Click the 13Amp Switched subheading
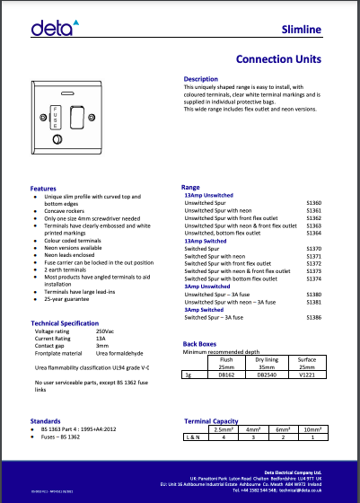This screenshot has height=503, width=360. (205, 242)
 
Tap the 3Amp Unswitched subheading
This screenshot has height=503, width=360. (207, 287)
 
